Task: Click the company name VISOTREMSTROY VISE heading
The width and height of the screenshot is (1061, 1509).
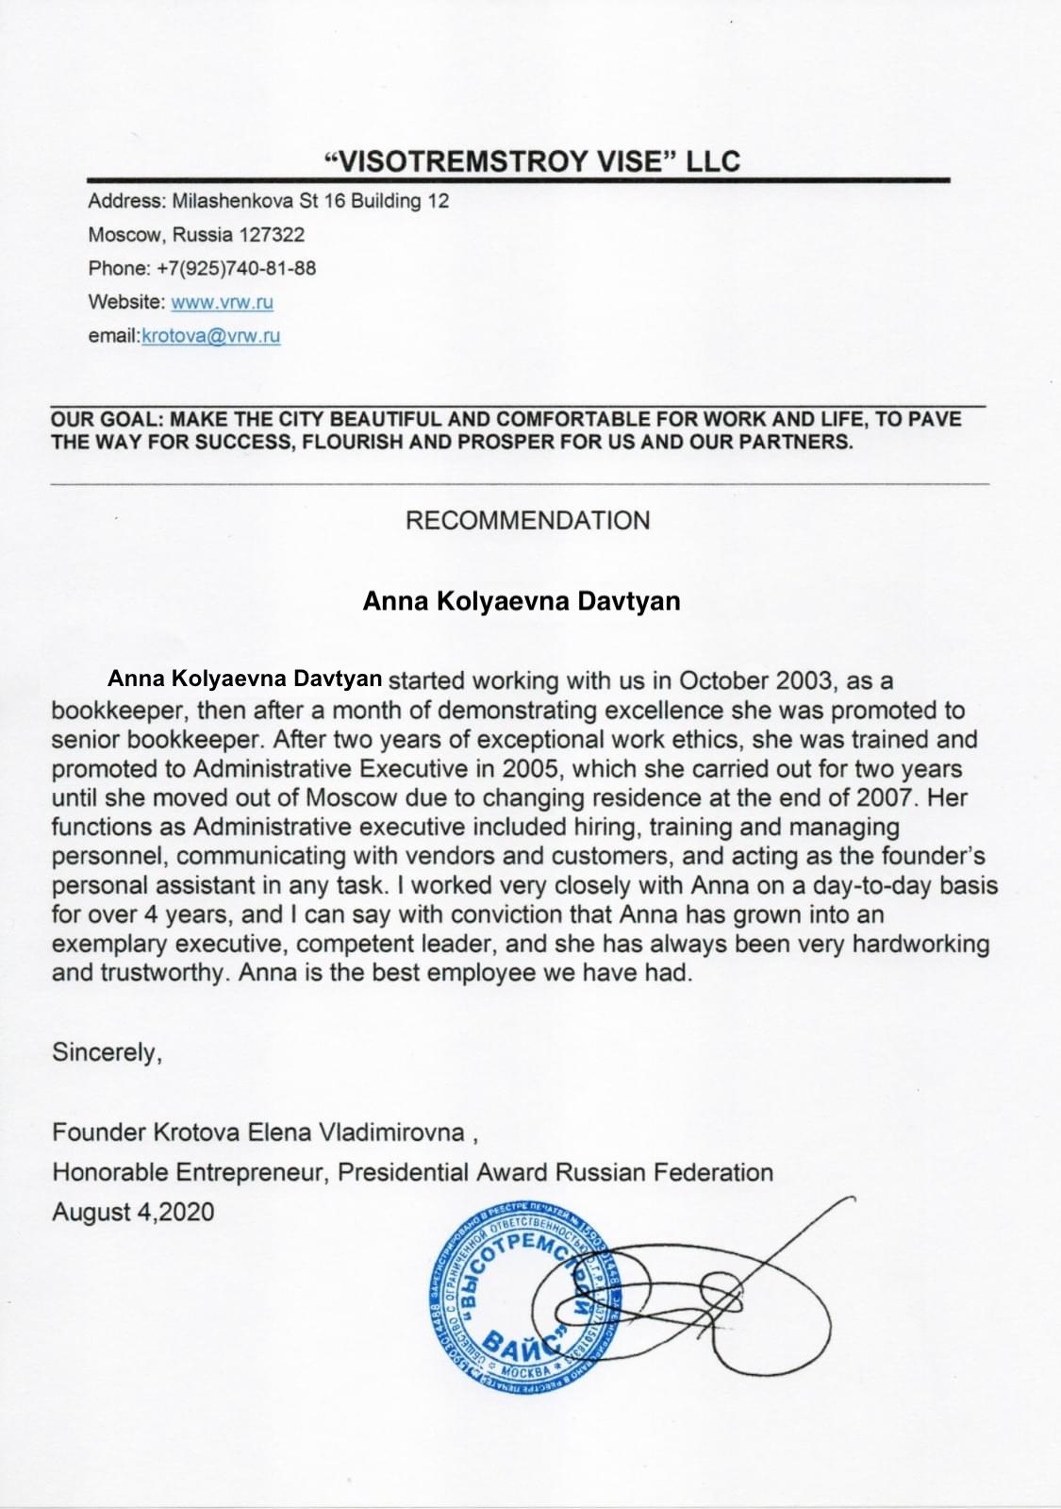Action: point(531,160)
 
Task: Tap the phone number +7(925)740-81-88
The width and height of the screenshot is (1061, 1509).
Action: point(237,268)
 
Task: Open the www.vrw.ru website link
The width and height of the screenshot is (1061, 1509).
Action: point(223,302)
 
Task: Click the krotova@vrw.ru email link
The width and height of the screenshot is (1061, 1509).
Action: point(211,336)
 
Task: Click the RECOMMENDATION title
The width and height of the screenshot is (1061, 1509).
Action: point(527,520)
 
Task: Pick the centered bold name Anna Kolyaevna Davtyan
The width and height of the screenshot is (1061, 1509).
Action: point(522,601)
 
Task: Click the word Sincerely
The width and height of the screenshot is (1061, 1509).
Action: point(107,1051)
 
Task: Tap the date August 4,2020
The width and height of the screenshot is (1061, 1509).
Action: point(133,1212)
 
